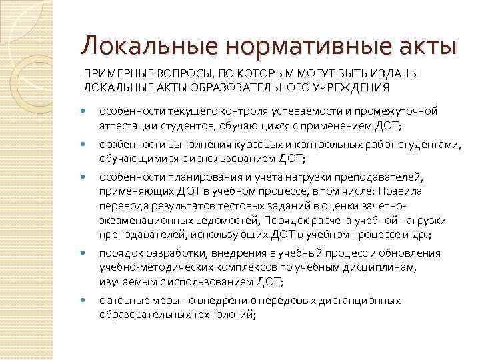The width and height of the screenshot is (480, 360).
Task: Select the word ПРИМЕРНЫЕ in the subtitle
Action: [109, 75]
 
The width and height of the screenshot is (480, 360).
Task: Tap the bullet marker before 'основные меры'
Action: [83, 300]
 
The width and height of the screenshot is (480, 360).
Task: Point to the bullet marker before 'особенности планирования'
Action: [83, 177]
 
